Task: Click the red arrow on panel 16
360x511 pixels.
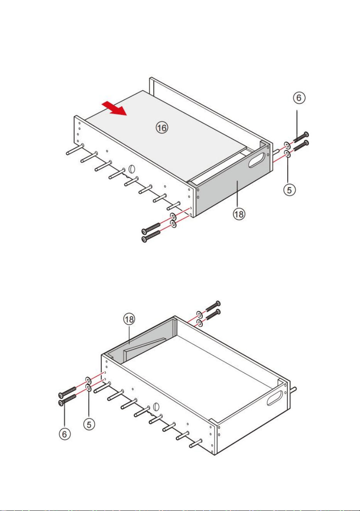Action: (115, 108)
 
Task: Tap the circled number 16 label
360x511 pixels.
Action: (162, 127)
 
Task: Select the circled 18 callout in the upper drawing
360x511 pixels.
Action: (239, 215)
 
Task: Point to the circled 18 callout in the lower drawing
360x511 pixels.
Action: (129, 320)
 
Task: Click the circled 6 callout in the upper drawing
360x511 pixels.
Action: (299, 98)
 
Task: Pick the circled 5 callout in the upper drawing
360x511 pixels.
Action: (289, 190)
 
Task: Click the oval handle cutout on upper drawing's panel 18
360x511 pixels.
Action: (257, 160)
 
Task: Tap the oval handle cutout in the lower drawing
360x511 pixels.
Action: (275, 398)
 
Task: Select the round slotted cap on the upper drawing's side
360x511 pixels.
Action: (132, 169)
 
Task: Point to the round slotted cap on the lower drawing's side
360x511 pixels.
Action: (156, 406)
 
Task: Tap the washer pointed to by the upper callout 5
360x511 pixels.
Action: (287, 154)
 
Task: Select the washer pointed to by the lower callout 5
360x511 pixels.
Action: (88, 387)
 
